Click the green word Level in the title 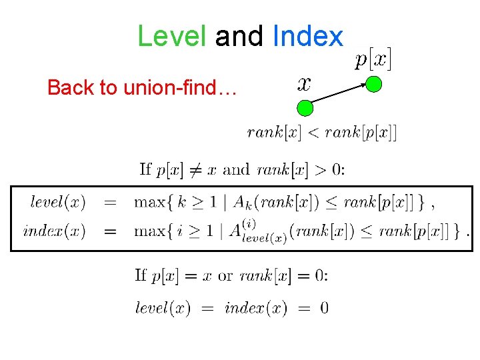(x=172, y=36)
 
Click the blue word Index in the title (x=308, y=36)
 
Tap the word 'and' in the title (x=239, y=36)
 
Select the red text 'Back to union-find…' (x=141, y=87)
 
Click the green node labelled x (x=305, y=107)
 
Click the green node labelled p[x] (x=375, y=84)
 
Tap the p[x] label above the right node (x=373, y=59)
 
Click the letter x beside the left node (x=303, y=83)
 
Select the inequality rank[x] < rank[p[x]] (x=321, y=132)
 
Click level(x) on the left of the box (x=58, y=201)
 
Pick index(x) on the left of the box (x=54, y=231)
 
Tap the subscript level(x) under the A (x=265, y=239)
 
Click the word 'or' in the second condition (x=225, y=275)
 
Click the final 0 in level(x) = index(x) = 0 (x=323, y=308)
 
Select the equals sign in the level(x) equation (x=111, y=201)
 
